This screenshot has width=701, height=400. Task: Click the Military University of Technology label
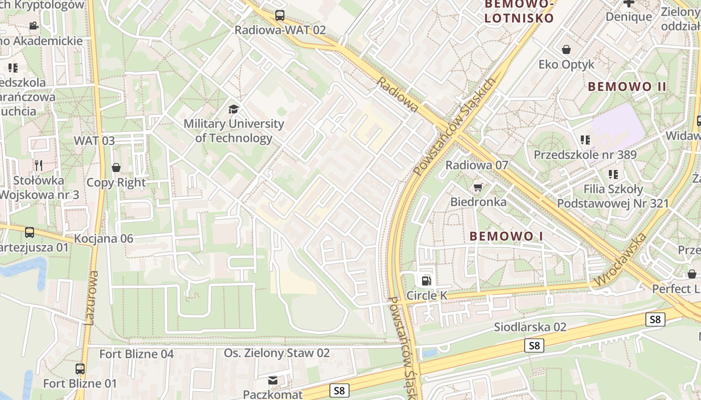[234, 131]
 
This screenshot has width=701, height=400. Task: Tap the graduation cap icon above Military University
[234, 109]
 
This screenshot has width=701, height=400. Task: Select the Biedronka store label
[478, 202]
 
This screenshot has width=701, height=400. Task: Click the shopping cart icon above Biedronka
[478, 187]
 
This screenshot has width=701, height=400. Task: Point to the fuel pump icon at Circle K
[426, 281]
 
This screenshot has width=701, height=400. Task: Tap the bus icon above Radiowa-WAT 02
[280, 15]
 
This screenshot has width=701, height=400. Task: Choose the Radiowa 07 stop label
[477, 165]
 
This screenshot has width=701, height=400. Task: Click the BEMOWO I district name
[506, 236]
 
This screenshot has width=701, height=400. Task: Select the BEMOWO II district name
[627, 86]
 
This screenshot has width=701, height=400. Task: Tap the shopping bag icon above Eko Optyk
[566, 49]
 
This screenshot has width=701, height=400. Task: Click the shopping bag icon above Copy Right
[116, 167]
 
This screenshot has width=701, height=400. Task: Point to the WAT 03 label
[94, 140]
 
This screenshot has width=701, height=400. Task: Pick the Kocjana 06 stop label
[104, 238]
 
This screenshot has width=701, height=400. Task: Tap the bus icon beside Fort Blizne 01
[80, 369]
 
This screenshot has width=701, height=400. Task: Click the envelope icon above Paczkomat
[273, 381]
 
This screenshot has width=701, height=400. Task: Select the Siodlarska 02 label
[530, 327]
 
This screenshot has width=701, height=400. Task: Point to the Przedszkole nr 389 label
[585, 154]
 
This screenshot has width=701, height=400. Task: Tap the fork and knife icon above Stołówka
[39, 165]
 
